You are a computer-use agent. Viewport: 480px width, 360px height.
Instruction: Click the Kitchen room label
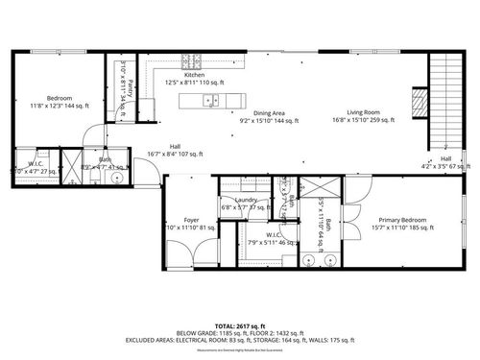click(194, 75)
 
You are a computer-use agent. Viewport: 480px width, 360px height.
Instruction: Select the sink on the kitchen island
click(213, 99)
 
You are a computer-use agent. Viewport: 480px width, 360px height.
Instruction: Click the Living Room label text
click(362, 112)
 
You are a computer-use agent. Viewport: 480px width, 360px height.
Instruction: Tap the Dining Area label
click(269, 113)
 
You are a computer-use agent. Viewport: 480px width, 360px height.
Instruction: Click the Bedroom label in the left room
click(60, 98)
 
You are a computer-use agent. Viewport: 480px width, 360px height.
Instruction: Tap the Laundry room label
click(239, 200)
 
